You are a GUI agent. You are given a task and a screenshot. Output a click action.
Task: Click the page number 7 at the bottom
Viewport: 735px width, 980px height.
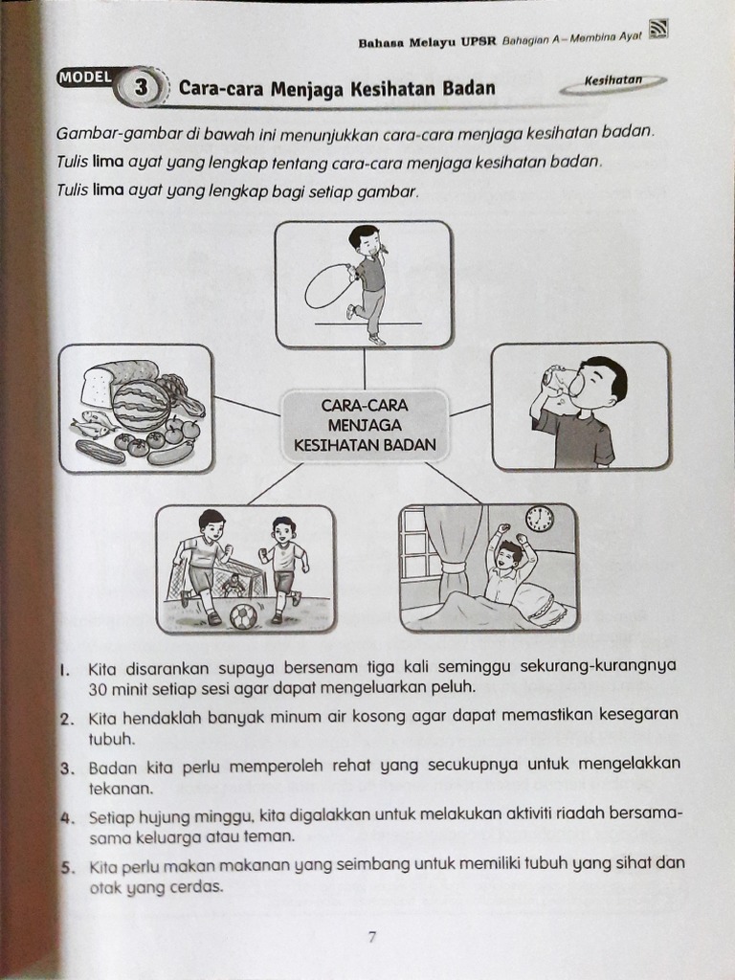[372, 937]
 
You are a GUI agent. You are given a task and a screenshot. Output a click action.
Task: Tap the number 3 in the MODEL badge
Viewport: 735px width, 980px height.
[142, 88]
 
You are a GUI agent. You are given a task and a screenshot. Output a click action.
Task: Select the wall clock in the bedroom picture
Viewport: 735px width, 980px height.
[539, 519]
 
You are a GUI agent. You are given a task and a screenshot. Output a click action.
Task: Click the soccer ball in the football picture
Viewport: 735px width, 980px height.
[244, 615]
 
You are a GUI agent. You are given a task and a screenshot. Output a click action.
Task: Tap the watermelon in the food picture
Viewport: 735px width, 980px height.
[141, 405]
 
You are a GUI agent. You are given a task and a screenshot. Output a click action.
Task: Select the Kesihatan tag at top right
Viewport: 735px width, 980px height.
[613, 82]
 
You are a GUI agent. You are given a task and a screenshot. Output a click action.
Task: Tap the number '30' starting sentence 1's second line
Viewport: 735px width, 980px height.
[99, 688]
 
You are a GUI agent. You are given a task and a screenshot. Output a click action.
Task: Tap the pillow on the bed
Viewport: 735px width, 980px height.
[541, 603]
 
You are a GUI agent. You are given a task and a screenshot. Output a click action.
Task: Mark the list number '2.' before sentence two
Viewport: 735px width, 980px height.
[69, 718]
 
